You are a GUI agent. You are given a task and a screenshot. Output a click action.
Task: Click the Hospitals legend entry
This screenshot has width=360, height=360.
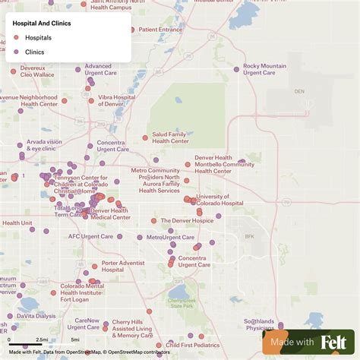pos(38,37)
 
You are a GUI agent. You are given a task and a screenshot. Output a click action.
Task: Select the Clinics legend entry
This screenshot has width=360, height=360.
pos(34,52)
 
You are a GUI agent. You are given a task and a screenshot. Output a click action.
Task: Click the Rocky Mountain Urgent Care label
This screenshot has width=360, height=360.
pos(264,69)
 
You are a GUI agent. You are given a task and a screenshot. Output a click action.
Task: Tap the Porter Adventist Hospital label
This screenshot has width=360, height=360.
pos(123,266)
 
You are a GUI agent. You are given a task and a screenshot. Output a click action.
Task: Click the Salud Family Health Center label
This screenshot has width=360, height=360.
pos(170,137)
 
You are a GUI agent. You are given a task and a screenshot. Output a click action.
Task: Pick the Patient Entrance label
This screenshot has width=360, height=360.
pos(160,30)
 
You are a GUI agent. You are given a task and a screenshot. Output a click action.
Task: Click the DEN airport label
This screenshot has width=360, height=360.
pos(299,91)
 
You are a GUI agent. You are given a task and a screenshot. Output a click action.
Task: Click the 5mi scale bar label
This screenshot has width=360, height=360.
pos(75,339)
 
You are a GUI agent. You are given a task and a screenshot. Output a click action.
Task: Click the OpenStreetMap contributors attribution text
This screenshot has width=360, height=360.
pos(137,352)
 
